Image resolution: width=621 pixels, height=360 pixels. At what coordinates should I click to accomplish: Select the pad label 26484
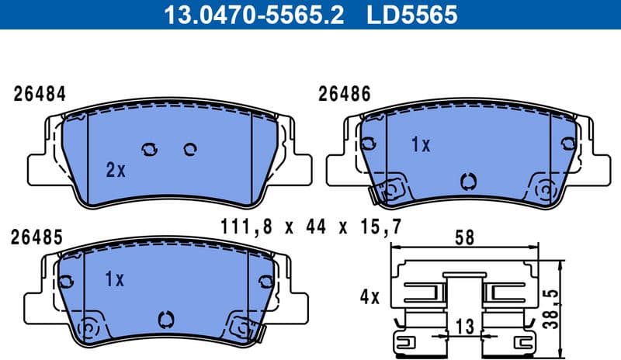click(40, 95)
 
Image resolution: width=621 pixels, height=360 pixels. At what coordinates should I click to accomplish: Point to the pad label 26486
click(345, 95)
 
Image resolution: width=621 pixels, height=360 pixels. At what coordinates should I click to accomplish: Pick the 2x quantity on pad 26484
click(115, 170)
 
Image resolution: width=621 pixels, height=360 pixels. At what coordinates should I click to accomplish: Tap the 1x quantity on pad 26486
click(420, 145)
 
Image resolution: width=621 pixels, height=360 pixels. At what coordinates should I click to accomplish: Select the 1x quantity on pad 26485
click(114, 279)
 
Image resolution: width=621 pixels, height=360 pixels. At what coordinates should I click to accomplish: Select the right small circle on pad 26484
click(189, 149)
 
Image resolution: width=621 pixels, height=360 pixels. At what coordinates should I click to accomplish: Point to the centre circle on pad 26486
click(467, 181)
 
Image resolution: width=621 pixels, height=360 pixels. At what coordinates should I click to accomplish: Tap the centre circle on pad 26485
click(165, 318)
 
